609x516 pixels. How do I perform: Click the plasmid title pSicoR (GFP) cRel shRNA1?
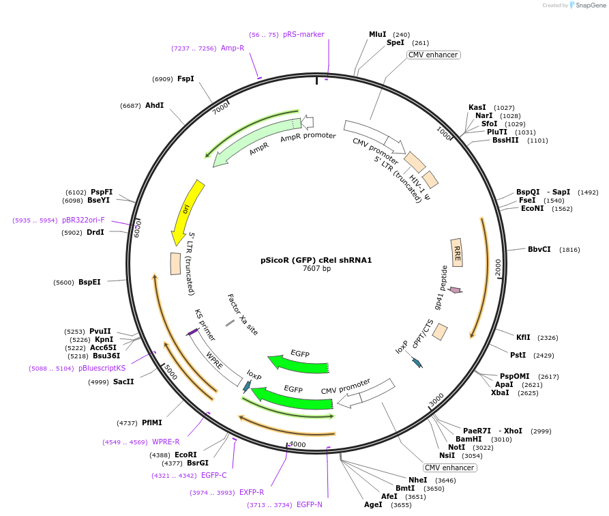pyautogui.click(x=316, y=260)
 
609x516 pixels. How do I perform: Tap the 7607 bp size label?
pyautogui.click(x=316, y=269)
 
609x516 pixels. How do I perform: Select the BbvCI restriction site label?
pyautogui.click(x=539, y=250)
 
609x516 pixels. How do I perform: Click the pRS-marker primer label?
pyautogui.click(x=303, y=35)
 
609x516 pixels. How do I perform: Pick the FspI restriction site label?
pyautogui.click(x=185, y=79)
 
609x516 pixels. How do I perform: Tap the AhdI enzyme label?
pyautogui.click(x=154, y=106)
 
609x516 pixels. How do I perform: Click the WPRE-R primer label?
pyautogui.click(x=166, y=442)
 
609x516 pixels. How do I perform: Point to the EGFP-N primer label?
pyautogui.click(x=309, y=505)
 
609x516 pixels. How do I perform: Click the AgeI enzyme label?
pyautogui.click(x=373, y=505)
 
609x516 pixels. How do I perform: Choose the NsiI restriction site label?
pyautogui.click(x=447, y=456)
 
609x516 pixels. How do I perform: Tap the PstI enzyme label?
pyautogui.click(x=518, y=355)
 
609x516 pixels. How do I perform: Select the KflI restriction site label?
pyautogui.click(x=523, y=338)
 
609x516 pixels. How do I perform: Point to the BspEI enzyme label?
pyautogui.click(x=89, y=282)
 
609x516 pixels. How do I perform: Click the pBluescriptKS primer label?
pyautogui.click(x=102, y=369)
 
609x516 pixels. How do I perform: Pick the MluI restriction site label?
pyautogui.click(x=377, y=35)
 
